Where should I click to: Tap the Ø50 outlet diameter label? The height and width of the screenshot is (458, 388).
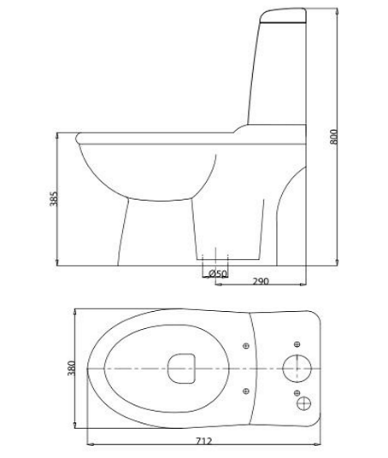coord(219,273)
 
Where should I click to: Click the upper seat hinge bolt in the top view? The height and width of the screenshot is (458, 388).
coord(246,345)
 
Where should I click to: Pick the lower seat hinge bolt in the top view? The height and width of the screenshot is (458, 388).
coord(246,391)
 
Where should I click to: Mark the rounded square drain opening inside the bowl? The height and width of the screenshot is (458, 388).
coord(181,368)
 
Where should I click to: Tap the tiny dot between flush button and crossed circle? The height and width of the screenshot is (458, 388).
coord(299,386)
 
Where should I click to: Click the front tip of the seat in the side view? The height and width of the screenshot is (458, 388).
coord(78,134)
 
